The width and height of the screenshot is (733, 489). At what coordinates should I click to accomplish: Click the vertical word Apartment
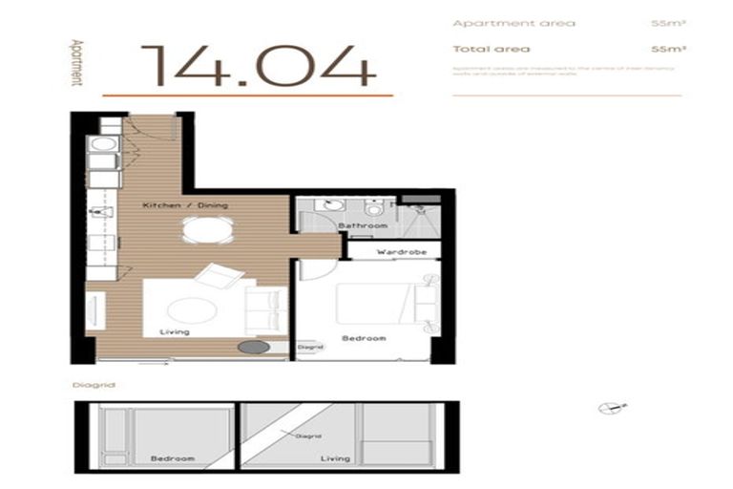tap(75, 63)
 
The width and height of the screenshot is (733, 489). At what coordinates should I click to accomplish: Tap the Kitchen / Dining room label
tap(185, 205)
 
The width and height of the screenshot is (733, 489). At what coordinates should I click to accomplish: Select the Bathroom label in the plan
tap(363, 225)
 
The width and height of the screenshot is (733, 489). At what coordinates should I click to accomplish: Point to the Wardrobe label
tap(394, 252)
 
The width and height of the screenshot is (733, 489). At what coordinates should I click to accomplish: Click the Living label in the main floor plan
tap(176, 331)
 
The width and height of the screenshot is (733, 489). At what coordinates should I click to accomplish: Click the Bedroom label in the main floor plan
tap(365, 338)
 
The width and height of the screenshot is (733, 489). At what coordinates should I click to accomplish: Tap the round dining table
tap(207, 229)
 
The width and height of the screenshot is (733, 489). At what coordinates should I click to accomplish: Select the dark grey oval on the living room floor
tap(254, 348)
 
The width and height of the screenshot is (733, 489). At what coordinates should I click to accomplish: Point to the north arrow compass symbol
tap(607, 408)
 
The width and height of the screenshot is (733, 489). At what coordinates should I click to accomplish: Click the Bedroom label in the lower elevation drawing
tap(172, 458)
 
